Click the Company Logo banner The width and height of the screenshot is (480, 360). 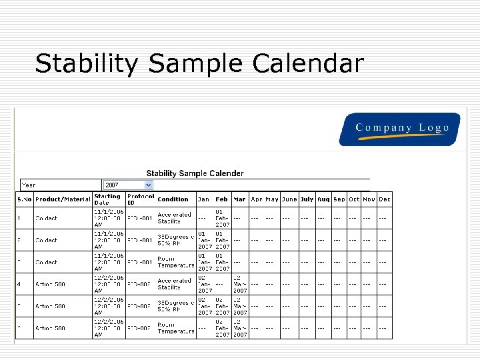(x=399, y=129)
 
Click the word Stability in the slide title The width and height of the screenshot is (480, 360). (x=89, y=64)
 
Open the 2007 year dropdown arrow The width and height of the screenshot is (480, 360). (x=149, y=185)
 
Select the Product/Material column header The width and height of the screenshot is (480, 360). (x=63, y=199)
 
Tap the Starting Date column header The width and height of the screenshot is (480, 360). (x=107, y=199)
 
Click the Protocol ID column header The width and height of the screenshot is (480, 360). (x=140, y=199)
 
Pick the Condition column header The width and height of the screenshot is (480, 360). (x=173, y=199)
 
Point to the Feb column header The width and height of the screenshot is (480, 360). (x=221, y=199)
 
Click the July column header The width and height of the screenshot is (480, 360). (x=307, y=199)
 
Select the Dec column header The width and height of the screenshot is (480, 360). (x=385, y=199)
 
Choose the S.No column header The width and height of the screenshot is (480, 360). (x=24, y=199)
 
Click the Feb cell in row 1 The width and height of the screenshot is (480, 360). (x=222, y=218)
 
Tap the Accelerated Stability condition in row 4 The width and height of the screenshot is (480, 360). (x=174, y=284)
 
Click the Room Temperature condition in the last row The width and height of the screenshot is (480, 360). (x=175, y=328)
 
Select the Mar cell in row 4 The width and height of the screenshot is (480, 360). (x=239, y=284)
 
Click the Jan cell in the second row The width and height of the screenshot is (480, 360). (x=204, y=240)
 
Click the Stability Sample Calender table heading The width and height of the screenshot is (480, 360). (x=195, y=173)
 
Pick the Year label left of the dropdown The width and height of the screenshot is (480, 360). (x=29, y=185)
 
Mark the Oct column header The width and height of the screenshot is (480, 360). (x=354, y=199)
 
